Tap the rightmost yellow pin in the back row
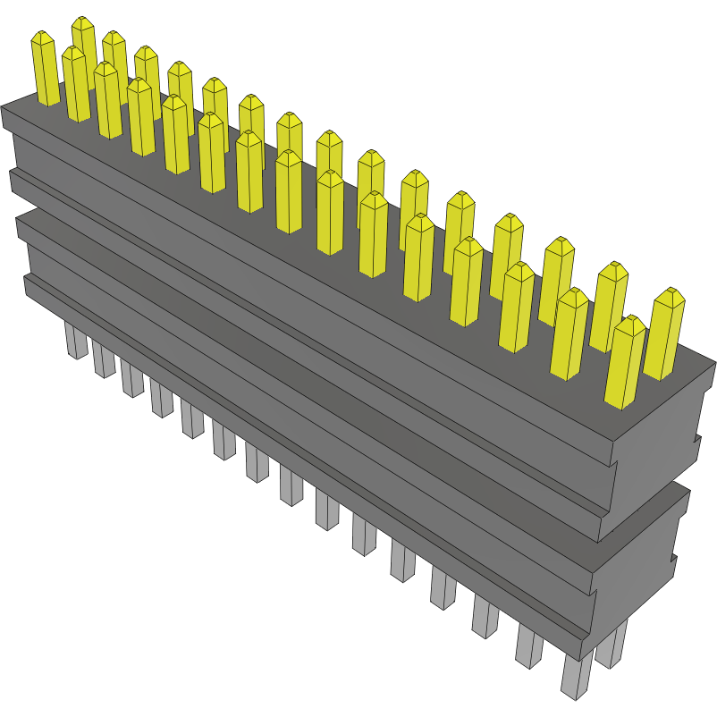[663, 335]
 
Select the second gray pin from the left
[103, 359]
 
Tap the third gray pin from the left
[131, 379]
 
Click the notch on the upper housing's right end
[696, 440]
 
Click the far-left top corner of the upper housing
[2, 106]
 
